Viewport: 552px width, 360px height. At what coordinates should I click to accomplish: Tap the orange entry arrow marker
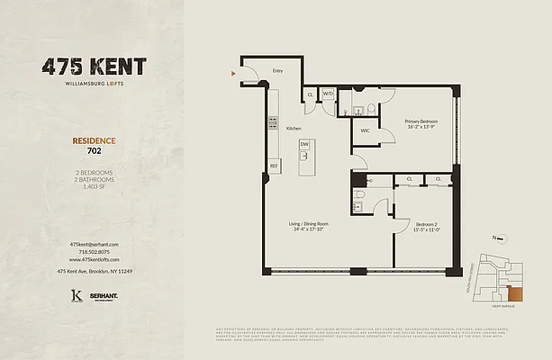point(234,72)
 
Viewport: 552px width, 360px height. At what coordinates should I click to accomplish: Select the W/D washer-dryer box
point(328,94)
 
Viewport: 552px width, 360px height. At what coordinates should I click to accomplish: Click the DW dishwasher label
point(304,144)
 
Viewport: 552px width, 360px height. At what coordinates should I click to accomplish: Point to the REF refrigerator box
point(274,166)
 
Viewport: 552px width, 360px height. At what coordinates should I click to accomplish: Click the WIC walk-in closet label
point(366,130)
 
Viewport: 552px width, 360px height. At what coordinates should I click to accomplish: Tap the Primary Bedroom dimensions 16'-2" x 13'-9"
point(421,128)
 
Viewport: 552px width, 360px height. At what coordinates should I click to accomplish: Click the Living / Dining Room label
point(309,223)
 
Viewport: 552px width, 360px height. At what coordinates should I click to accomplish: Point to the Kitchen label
point(294,129)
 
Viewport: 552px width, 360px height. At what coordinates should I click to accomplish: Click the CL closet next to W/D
point(311,94)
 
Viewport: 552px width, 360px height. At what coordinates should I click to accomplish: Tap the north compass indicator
point(496,238)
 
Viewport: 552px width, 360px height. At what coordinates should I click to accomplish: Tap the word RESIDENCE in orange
point(94,141)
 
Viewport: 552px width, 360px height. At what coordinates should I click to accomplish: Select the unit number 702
point(94,151)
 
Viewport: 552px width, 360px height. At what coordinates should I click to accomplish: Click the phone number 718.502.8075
point(94,252)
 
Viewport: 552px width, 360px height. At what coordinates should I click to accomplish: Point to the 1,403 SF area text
point(94,186)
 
